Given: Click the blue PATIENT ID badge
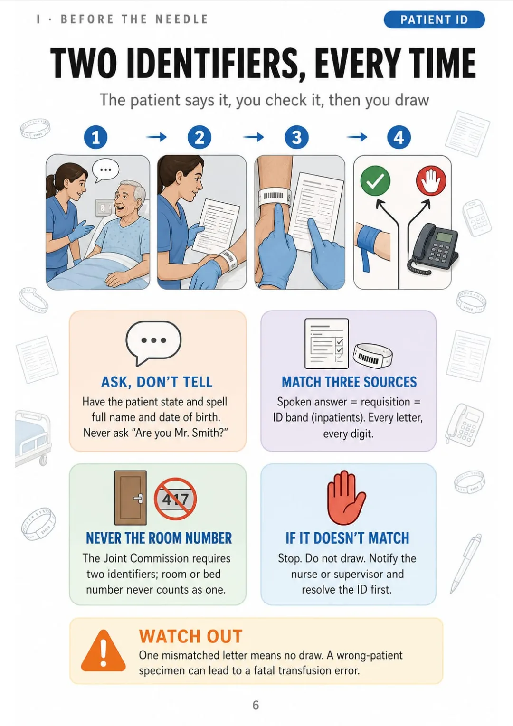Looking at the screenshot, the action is (x=434, y=20).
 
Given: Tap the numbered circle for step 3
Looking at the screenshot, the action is (x=297, y=137).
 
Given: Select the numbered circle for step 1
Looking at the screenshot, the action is (x=95, y=137).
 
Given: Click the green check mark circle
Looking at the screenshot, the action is (x=375, y=180).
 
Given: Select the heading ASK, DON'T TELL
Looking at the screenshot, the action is (x=157, y=382).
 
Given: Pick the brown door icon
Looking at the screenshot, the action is (x=131, y=498).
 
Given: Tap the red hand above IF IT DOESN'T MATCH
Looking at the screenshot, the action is (x=346, y=498).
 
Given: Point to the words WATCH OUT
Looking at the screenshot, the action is (x=190, y=636).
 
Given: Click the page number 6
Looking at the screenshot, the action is (x=256, y=705).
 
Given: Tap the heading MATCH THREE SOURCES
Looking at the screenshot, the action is (x=349, y=382).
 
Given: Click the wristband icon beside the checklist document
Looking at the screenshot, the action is (x=373, y=356).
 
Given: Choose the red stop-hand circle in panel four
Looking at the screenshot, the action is (x=431, y=180).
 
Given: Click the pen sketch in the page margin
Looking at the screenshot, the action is (x=466, y=563).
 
